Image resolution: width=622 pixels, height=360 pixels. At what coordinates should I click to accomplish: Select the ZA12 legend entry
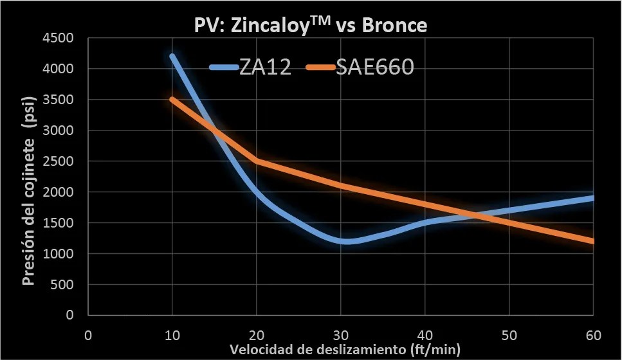click(251, 67)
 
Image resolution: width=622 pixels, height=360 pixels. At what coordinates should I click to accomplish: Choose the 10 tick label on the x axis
click(172, 336)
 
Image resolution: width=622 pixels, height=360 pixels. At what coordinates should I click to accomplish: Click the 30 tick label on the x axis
click(340, 336)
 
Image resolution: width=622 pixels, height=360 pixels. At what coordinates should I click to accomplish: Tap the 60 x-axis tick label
click(593, 336)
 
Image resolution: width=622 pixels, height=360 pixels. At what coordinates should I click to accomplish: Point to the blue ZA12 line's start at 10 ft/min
click(172, 56)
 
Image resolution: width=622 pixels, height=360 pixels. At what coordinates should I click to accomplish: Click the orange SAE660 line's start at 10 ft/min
click(172, 99)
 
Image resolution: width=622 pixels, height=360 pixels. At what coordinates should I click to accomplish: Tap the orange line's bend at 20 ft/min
click(256, 161)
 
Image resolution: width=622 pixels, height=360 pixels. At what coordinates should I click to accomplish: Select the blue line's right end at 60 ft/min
click(592, 198)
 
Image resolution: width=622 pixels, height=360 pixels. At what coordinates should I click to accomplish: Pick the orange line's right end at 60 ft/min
click(592, 241)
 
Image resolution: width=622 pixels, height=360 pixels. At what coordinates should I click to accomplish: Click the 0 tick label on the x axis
click(88, 336)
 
